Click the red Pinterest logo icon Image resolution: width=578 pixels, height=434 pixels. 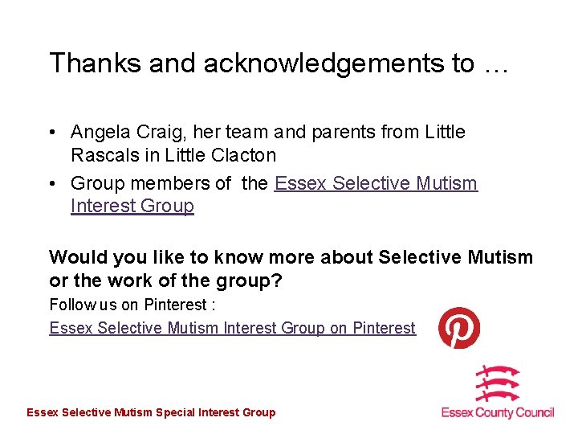459,328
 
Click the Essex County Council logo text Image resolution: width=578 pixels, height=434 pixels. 498,412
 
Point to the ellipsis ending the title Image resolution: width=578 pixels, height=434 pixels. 496,64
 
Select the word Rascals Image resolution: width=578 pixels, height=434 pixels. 103,154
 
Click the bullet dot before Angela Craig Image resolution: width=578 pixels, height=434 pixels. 52,133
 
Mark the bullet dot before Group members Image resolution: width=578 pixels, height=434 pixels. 52,184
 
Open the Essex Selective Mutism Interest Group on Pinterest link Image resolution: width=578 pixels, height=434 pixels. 233,328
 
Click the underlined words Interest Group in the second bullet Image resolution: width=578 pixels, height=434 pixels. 132,206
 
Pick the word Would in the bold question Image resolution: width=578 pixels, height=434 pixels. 76,257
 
